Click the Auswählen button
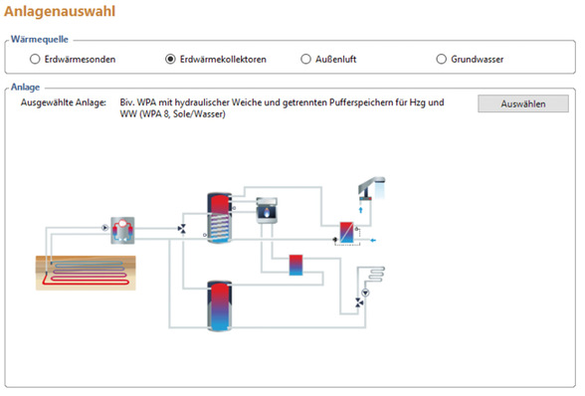coord(523,103)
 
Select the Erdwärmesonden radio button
coord(35,59)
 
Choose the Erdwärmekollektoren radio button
coord(170,59)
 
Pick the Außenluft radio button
coord(305,59)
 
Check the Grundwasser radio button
coord(441,59)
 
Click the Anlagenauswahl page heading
coord(60,11)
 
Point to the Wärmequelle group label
coord(40,39)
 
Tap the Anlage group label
coord(26,87)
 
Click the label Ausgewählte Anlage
coord(64,102)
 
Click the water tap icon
coord(371,188)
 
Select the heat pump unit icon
coord(122,230)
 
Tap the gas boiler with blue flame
coord(267,211)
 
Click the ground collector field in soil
coord(86,273)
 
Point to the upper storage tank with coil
coord(219,218)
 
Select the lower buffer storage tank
coord(219,306)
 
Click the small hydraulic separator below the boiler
coord(295,265)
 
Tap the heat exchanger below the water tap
coord(346,233)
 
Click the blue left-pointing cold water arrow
coord(373,241)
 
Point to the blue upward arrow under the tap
coord(361,210)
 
